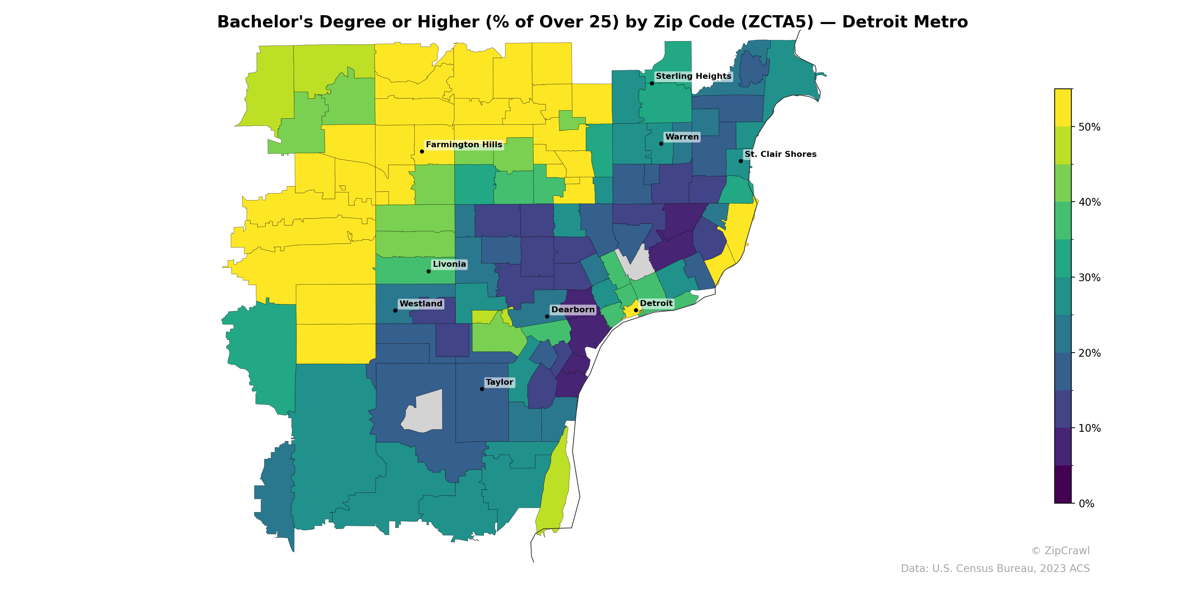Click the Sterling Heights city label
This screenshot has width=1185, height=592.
[693, 76]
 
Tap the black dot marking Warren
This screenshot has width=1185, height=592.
[661, 144]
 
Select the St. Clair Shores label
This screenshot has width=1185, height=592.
[780, 154]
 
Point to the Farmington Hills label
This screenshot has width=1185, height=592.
[464, 145]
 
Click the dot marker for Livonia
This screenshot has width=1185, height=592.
[428, 271]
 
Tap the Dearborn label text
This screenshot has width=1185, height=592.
[573, 310]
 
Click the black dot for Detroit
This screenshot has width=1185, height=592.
[636, 310]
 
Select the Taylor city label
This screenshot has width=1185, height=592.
[499, 383]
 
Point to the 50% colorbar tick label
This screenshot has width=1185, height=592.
[1089, 127]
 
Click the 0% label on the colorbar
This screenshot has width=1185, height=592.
[1086, 504]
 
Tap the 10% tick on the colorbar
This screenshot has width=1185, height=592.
[1089, 428]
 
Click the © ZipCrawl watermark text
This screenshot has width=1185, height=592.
[1060, 551]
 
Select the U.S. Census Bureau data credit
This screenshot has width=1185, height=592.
[995, 569]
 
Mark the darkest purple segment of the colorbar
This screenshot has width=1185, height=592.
[1063, 484]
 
